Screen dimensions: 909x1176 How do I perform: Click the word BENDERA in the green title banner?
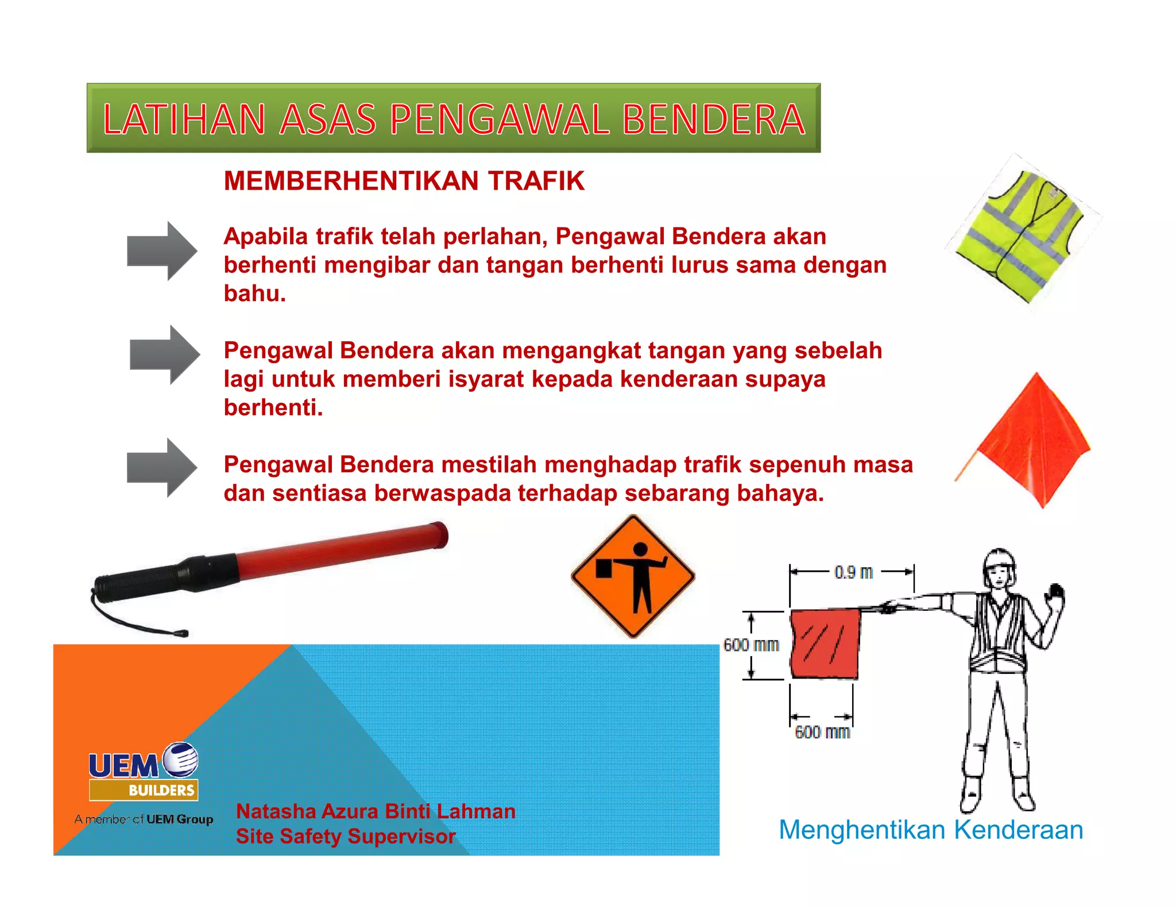(713, 120)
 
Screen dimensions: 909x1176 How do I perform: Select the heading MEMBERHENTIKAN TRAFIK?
(404, 181)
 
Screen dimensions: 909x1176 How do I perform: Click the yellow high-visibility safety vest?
(1021, 236)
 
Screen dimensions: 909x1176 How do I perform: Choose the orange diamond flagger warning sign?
(633, 576)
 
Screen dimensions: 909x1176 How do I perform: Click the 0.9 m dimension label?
(853, 572)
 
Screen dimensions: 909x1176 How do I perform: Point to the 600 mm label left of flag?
(751, 645)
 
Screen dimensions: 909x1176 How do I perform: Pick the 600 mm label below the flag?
(822, 732)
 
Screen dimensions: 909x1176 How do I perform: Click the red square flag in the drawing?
(825, 644)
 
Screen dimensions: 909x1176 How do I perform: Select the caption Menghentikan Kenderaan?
(931, 830)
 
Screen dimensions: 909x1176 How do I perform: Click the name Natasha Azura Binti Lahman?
(376, 811)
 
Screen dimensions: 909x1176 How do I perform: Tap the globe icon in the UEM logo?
(181, 760)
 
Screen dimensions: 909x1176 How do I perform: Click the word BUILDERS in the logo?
(161, 790)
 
